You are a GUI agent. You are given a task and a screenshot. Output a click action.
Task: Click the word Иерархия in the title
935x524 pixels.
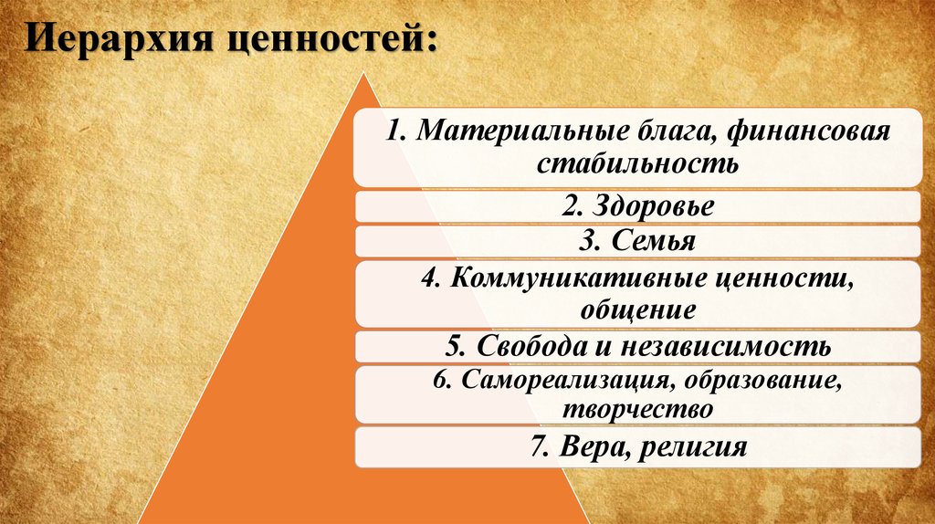120,39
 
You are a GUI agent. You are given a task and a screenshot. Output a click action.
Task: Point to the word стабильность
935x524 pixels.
637,162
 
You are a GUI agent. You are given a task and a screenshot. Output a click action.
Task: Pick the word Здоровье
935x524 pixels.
653,206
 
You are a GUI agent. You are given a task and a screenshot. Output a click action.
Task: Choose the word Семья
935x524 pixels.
654,240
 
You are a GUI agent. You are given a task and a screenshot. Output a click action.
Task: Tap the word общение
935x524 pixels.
637,309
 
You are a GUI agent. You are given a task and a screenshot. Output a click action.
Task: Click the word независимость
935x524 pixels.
726,346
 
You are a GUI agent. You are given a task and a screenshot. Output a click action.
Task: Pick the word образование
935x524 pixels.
762,380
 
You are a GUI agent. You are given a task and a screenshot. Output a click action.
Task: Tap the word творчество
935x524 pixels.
637,409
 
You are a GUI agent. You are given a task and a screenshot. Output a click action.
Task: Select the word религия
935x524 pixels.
692,447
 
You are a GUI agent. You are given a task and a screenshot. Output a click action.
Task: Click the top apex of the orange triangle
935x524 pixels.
363,73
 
